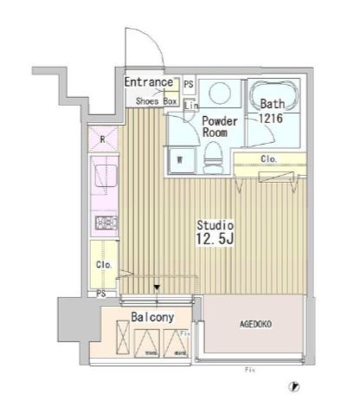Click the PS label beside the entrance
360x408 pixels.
189,85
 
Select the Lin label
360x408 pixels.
189,106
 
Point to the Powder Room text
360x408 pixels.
219,128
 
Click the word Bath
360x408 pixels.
273,103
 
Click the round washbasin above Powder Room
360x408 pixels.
219,93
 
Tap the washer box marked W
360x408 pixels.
181,159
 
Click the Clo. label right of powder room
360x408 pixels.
270,159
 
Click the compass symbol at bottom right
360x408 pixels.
295,387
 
